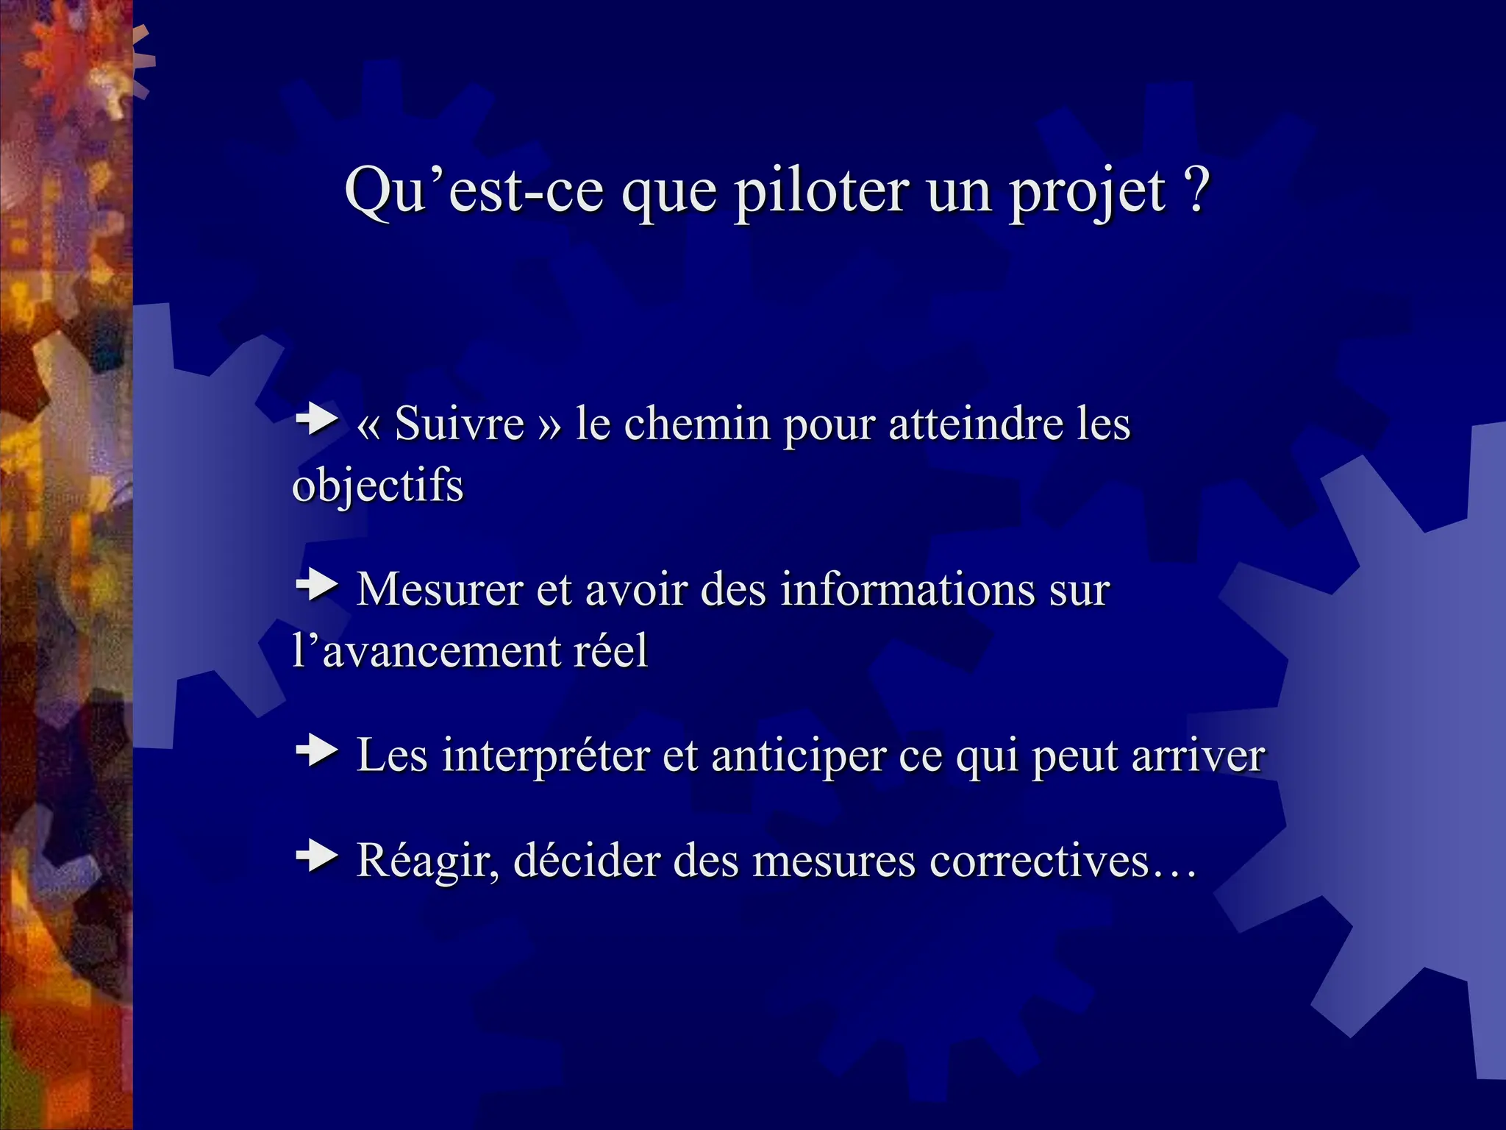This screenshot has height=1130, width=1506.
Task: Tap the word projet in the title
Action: (x=1086, y=193)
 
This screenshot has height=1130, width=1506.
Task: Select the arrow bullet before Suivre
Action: (x=317, y=420)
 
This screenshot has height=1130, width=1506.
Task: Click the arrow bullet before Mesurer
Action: (x=317, y=586)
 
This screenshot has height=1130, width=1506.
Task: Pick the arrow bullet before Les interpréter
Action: (x=317, y=751)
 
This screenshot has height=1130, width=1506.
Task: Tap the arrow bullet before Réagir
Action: (x=317, y=856)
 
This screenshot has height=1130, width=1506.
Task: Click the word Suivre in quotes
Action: (x=459, y=424)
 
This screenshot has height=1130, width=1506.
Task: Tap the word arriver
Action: (x=1199, y=755)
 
